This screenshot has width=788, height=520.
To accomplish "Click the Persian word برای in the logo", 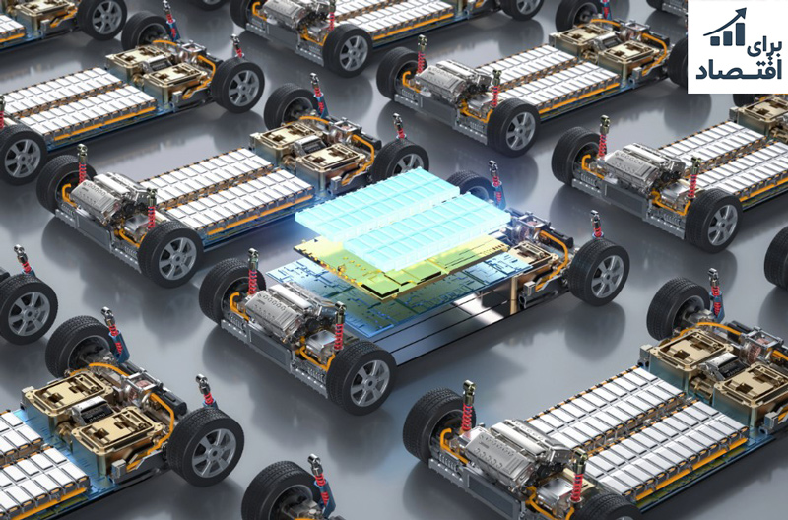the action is click(x=766, y=50).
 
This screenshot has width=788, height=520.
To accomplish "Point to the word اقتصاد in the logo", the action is click(x=739, y=71).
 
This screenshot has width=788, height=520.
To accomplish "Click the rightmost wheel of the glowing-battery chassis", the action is click(x=599, y=271).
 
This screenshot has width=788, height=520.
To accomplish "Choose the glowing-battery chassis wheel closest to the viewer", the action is click(x=361, y=377).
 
